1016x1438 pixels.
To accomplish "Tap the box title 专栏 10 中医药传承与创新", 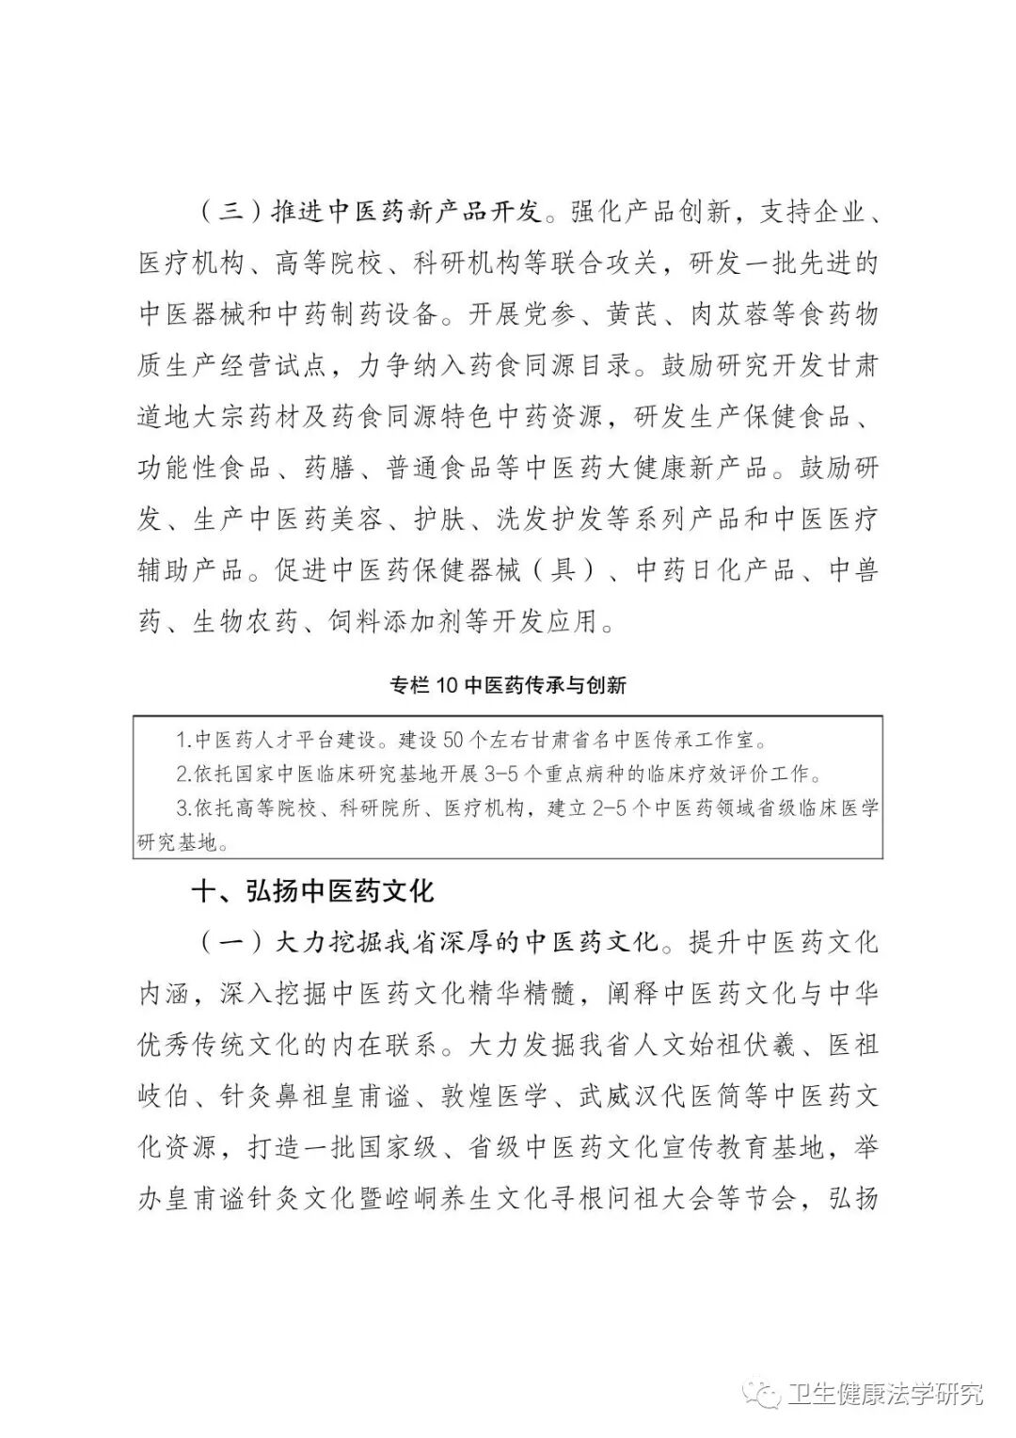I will [508, 685].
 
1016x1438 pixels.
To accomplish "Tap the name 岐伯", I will [166, 1097].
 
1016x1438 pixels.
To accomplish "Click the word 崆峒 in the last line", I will [441, 1200].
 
